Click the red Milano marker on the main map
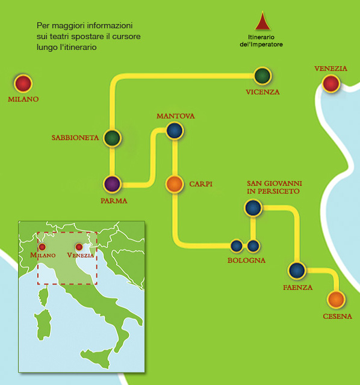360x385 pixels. (x=23, y=84)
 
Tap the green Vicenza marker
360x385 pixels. (x=262, y=76)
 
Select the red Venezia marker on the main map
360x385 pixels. (x=331, y=84)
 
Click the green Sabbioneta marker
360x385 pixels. (x=113, y=138)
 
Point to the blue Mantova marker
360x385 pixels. (x=175, y=131)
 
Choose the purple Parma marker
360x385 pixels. (x=113, y=184)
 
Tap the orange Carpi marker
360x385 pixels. (x=175, y=184)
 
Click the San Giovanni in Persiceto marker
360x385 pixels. (x=253, y=208)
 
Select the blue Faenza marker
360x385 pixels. (x=297, y=270)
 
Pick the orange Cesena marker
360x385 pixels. (x=336, y=300)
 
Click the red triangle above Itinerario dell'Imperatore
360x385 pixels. (x=262, y=20)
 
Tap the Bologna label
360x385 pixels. (x=246, y=260)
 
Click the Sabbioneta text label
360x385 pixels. (x=75, y=138)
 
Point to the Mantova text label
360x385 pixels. (x=176, y=116)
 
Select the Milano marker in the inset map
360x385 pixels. (x=42, y=247)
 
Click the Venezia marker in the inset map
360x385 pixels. (x=79, y=247)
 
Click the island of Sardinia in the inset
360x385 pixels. (x=43, y=325)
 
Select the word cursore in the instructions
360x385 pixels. (x=126, y=36)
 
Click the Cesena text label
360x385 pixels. (x=337, y=316)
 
